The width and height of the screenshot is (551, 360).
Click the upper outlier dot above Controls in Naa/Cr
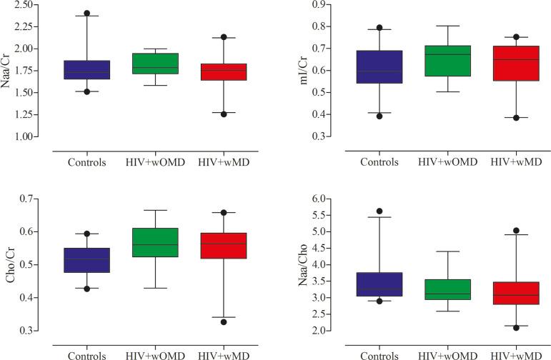[87, 14]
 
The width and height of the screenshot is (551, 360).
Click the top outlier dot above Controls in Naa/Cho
[380, 211]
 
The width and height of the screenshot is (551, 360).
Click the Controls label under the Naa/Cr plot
[87, 162]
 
